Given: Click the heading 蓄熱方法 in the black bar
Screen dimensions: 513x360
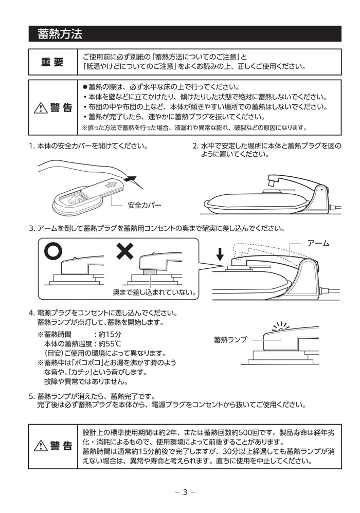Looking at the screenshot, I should pos(60,34).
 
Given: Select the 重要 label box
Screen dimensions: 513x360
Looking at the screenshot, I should pos(52,62).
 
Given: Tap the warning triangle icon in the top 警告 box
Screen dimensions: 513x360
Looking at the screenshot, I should pos(40,108).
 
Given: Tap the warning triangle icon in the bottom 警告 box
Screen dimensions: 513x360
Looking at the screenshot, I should pos(40,446).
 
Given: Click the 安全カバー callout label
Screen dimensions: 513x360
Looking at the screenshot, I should pos(145,205).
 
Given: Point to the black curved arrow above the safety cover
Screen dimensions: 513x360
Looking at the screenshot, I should pos(131,179).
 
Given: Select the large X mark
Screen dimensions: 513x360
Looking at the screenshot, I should pos(124,251).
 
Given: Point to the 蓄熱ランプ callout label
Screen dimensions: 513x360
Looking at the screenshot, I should pos(230,340).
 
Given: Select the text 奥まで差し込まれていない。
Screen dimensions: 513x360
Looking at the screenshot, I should pos(154,292).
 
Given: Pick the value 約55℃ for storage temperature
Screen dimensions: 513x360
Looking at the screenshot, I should pos(110,343).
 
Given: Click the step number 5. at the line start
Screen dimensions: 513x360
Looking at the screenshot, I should pos(31,396).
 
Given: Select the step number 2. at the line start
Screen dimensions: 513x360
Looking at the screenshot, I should pos(195,146).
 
